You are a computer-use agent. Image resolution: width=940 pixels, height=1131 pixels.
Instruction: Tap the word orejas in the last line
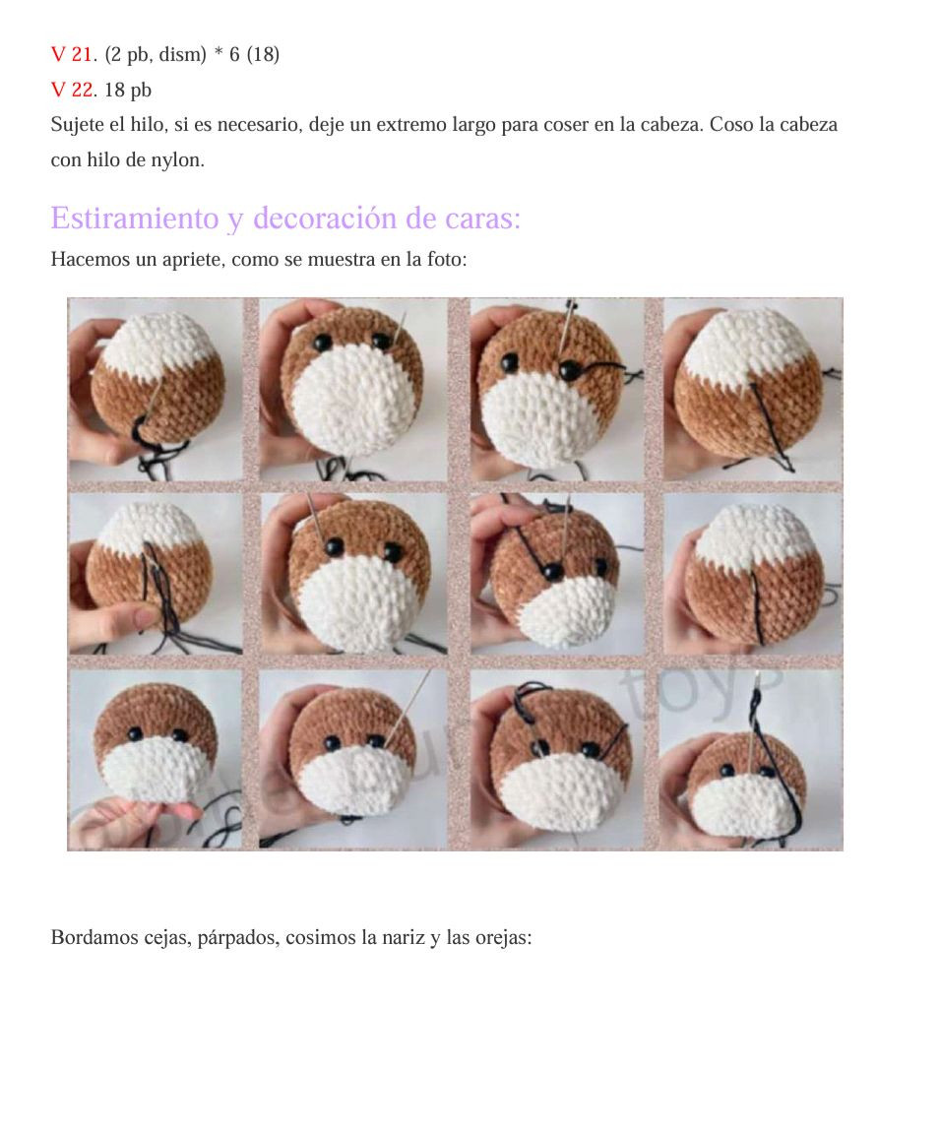coord(503,937)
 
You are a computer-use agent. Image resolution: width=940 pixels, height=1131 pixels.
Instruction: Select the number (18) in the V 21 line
coord(263,55)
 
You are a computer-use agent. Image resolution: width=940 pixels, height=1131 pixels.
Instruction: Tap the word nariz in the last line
coord(382,937)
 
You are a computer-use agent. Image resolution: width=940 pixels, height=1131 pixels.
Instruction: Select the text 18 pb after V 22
coord(128,91)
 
